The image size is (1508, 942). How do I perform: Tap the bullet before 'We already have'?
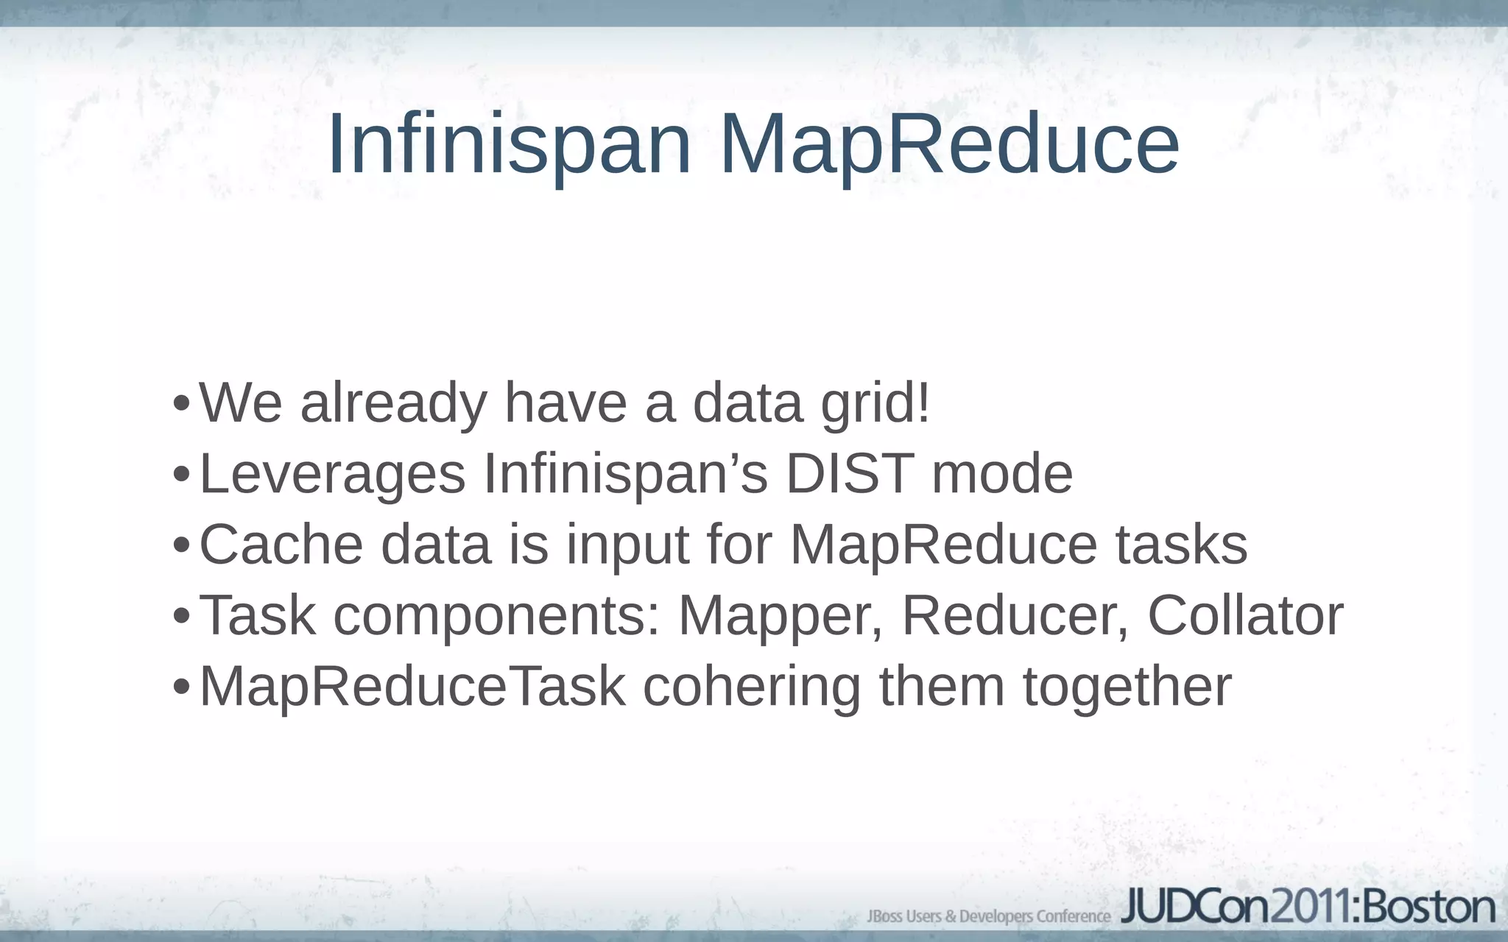click(181, 404)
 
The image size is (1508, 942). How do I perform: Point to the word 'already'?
click(393, 404)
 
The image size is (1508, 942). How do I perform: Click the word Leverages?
click(332, 473)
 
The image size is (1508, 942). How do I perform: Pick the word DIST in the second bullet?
click(850, 473)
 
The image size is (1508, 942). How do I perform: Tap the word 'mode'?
click(1002, 473)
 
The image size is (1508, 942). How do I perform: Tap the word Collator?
click(1245, 615)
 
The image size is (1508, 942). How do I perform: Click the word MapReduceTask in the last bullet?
click(412, 687)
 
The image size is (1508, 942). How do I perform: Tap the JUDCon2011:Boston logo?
click(1308, 907)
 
